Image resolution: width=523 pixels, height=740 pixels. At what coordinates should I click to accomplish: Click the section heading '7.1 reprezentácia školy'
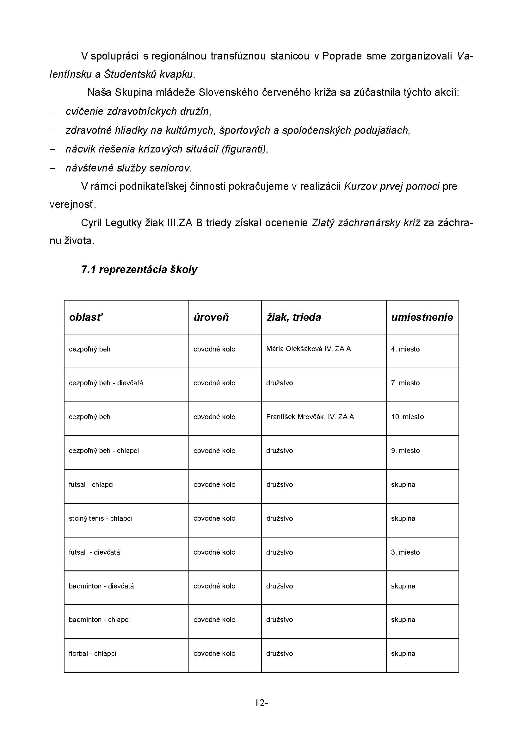click(139, 269)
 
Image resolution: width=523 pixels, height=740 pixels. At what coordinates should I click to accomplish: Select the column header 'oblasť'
click(86, 317)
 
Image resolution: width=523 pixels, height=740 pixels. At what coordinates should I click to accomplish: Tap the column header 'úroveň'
click(211, 317)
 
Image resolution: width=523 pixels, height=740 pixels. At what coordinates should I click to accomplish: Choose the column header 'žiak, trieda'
click(293, 317)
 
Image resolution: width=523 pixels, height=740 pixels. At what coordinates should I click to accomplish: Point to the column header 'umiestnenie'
click(422, 317)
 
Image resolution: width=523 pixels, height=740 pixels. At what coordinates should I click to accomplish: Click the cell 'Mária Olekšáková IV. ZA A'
click(309, 348)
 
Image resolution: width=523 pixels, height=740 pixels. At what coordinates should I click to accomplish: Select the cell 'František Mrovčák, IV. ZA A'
click(310, 417)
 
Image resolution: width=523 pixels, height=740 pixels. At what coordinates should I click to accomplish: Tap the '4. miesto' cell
click(405, 349)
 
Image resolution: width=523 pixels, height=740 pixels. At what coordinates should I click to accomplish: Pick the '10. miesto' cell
click(407, 417)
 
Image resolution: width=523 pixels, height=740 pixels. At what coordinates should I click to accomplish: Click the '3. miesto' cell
click(405, 552)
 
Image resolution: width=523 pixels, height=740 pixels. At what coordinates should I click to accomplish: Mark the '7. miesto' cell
click(405, 383)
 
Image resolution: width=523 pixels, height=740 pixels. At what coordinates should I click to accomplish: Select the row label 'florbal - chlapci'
click(92, 653)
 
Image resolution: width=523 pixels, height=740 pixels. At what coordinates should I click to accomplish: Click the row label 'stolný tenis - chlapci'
click(100, 518)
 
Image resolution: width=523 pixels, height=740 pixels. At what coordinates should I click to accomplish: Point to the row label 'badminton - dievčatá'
click(101, 586)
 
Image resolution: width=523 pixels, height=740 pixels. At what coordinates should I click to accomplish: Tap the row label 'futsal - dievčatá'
click(94, 552)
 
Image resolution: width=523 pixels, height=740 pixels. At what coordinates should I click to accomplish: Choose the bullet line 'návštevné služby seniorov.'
click(128, 168)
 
